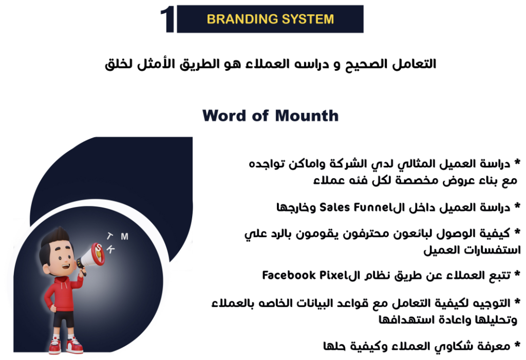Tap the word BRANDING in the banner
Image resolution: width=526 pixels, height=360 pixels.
point(242,19)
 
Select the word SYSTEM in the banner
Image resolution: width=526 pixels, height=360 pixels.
point(308,19)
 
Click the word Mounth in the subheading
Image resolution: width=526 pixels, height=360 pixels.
point(307,116)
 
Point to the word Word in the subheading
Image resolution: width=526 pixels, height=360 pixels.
point(224,116)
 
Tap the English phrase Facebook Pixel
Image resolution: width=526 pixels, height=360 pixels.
point(303,275)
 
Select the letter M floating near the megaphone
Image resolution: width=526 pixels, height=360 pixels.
point(124,237)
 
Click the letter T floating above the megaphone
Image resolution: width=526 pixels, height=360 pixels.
point(110,236)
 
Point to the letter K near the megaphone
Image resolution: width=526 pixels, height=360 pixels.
point(110,249)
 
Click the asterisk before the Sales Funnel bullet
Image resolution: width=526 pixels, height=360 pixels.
point(517,205)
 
